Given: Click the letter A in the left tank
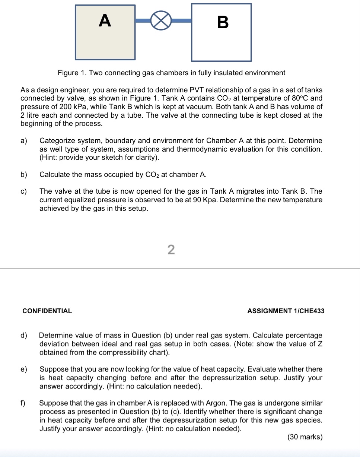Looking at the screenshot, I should pos(105,21).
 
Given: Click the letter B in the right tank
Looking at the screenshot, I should pos(222,23).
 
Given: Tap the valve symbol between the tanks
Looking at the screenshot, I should pos(161,21).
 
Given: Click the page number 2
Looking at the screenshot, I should pos(171,250).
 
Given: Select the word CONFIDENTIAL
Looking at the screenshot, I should pos(47,311).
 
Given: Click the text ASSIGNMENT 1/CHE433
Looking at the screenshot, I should pos(286,311).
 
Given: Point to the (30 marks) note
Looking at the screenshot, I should pos(305,437).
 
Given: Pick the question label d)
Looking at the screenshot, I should pos(24,336).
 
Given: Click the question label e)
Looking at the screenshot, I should pos(24,369).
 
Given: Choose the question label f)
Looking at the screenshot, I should pos(23,403).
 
